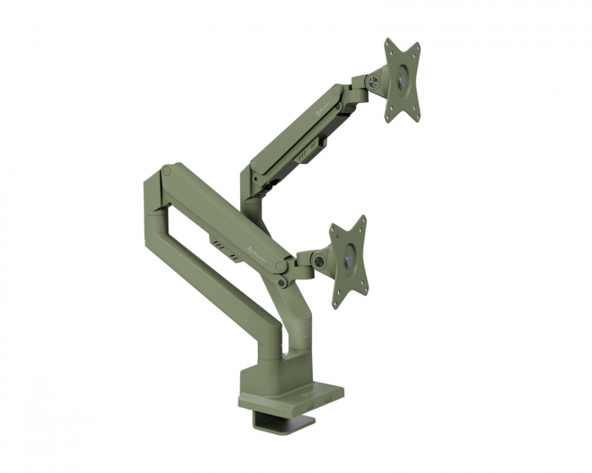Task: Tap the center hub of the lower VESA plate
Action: tap(348, 262)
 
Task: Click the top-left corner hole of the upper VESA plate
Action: tap(389, 44)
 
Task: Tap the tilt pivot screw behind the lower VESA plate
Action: tap(319, 262)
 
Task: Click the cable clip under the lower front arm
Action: tap(222, 246)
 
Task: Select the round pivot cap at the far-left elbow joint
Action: tap(167, 172)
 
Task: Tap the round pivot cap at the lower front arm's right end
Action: tap(280, 265)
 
